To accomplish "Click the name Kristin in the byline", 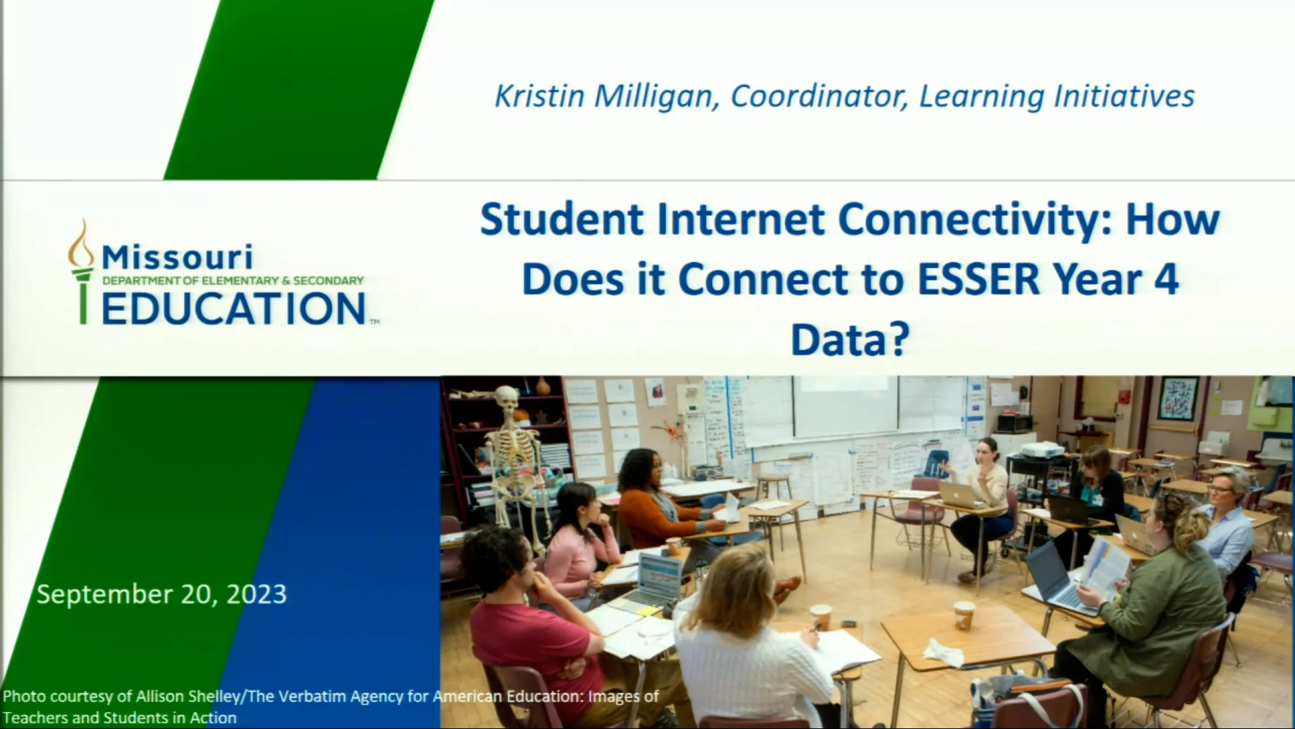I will [x=540, y=96].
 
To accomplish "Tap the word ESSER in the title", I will [x=979, y=279].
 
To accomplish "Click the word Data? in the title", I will [x=850, y=340].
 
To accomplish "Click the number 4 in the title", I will [x=1166, y=279].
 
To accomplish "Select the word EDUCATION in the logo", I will [x=233, y=309].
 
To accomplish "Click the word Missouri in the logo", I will [x=177, y=257].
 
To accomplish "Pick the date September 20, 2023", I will [x=162, y=594].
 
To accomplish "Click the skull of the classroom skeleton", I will [x=506, y=399].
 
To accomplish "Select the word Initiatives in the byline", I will [x=1124, y=96].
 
